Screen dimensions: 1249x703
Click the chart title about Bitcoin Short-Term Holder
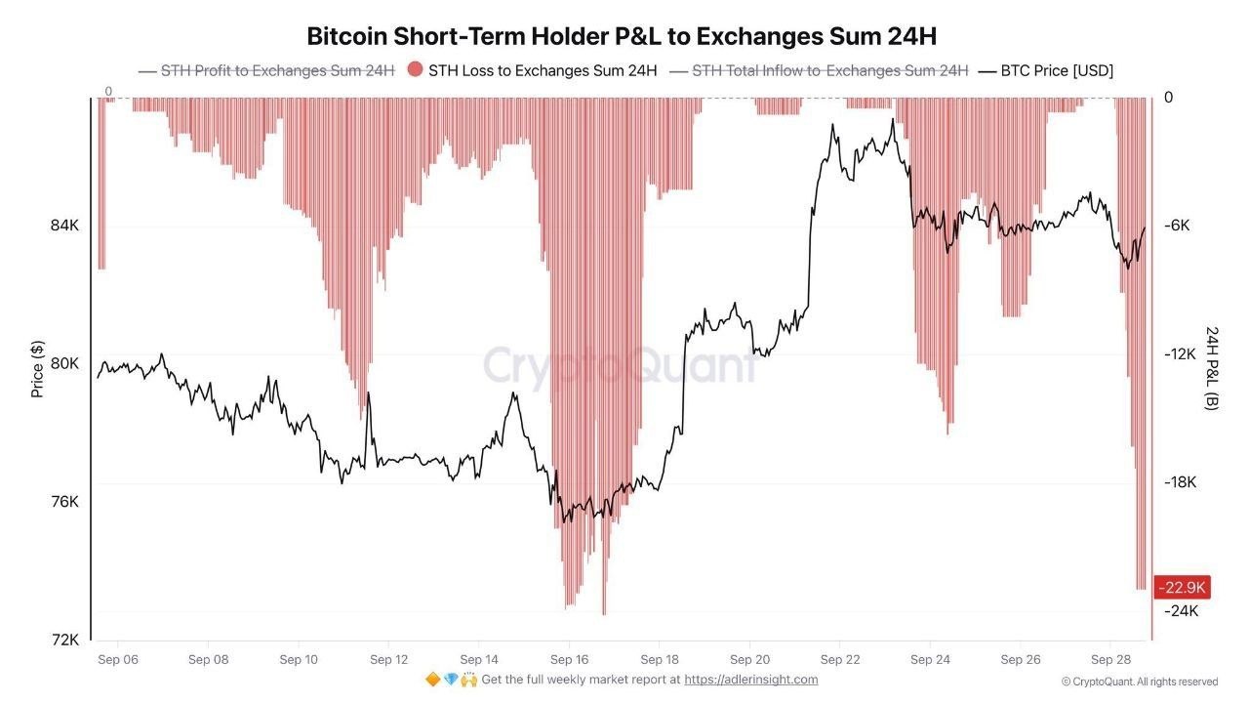point(622,36)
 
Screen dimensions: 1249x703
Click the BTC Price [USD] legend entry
point(1046,71)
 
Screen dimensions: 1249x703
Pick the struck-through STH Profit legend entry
point(266,71)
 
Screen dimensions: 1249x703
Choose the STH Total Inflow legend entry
point(819,71)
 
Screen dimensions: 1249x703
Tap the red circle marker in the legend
point(415,69)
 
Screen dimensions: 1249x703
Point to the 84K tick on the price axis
point(64,226)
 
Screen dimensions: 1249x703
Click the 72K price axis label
point(64,640)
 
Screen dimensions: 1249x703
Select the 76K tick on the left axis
point(64,502)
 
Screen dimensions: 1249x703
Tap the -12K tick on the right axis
point(1180,354)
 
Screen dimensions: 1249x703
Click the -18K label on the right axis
point(1180,482)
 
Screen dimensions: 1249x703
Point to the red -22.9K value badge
point(1182,588)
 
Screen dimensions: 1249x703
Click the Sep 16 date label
point(569,659)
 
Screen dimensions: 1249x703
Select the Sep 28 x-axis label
point(1110,659)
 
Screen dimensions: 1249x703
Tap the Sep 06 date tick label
point(118,659)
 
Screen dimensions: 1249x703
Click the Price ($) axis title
point(37,369)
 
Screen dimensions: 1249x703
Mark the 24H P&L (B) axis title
point(1212,369)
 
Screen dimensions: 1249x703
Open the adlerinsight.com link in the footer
point(751,680)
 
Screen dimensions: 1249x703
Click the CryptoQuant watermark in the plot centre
point(620,366)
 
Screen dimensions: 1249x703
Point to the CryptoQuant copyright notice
point(1140,682)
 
